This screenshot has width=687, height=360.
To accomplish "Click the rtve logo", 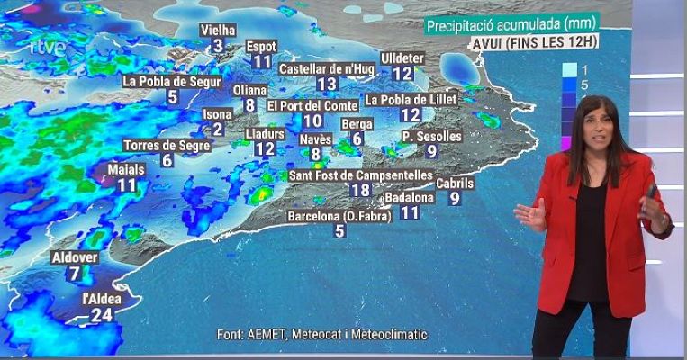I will [x=46, y=47].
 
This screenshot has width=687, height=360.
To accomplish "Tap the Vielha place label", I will [x=217, y=30].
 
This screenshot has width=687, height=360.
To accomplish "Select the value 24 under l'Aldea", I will [x=102, y=314].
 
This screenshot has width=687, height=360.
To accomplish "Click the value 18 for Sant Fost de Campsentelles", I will [x=360, y=190].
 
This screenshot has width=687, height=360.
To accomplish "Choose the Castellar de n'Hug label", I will [x=327, y=68].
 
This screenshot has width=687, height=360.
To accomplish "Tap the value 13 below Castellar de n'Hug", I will [x=327, y=84].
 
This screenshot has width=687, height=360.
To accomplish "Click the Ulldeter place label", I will [x=402, y=58].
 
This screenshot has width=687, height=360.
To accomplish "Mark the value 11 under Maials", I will [x=127, y=185].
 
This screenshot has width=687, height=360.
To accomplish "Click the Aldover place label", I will [x=76, y=257].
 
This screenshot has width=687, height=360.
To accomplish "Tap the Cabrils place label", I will [x=455, y=184].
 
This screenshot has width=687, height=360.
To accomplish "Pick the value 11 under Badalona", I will [x=411, y=213].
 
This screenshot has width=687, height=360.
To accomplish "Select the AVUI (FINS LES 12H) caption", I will [x=535, y=42].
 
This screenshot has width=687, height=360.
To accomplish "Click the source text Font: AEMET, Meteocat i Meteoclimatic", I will [x=322, y=335].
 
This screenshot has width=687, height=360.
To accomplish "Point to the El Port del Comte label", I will [x=312, y=105].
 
